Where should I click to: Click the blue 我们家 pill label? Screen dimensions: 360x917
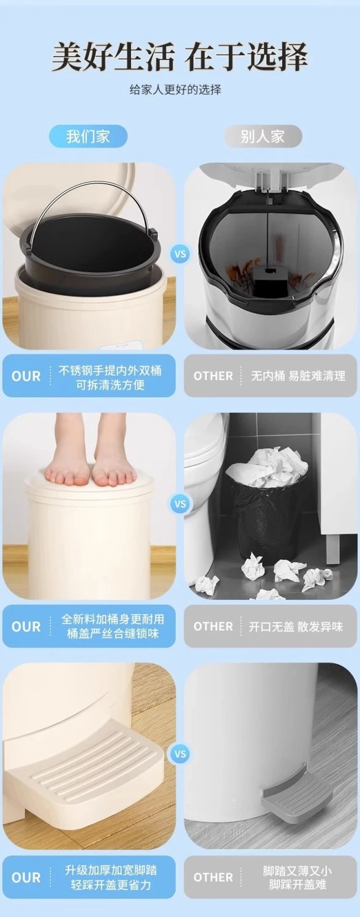88,137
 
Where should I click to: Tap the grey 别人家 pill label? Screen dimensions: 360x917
263,137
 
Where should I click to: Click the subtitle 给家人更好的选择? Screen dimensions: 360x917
175,89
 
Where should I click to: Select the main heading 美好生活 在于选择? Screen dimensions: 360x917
179,57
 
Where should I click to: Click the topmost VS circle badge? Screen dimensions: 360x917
180,254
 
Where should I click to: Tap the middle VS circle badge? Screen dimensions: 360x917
180,504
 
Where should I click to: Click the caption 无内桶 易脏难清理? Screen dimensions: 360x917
298,376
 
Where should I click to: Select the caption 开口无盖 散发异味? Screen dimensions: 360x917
296,626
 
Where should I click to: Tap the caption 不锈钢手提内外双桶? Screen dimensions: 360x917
110,370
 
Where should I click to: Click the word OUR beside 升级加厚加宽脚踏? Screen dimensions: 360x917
26,877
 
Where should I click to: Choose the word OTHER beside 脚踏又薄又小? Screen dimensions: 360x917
213,877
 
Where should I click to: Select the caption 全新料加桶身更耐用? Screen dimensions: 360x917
113,619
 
